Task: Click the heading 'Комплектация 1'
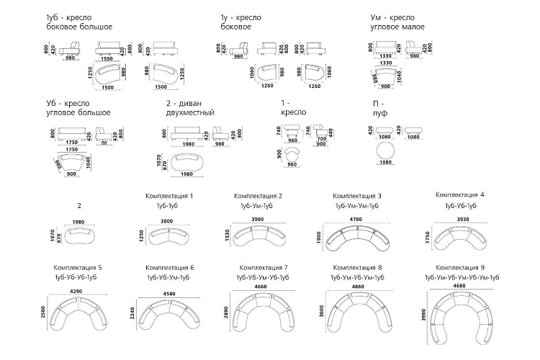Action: tap(169, 196)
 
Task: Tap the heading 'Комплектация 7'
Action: tap(263, 266)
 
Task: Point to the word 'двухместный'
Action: tap(190, 112)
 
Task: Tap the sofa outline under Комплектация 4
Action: tap(459, 237)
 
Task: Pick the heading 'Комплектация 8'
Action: tap(358, 266)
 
